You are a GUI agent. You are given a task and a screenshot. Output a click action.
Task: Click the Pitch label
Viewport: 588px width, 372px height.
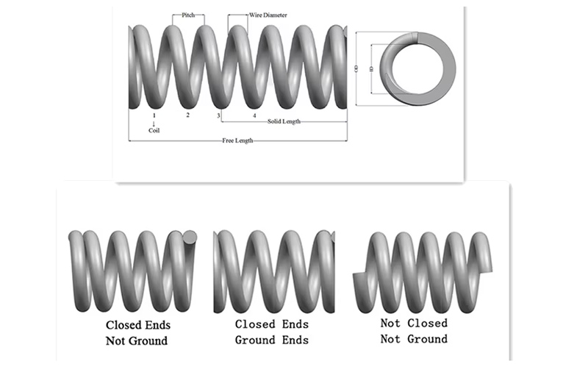189,15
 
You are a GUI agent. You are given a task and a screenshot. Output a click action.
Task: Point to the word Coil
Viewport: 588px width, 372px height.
154,130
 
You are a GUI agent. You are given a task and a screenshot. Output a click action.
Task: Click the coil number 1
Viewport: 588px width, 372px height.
154,115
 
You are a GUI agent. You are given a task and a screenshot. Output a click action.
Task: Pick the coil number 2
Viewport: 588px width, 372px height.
187,115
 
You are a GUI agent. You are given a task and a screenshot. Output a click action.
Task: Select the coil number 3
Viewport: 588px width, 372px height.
219,115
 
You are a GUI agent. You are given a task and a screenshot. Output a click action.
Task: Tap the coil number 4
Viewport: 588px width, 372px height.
254,115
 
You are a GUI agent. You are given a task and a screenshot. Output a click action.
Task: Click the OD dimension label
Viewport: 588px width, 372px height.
356,68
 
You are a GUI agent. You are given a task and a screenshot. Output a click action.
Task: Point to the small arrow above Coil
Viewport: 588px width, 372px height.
154,123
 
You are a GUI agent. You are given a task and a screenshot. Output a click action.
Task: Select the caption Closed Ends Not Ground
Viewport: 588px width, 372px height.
137,332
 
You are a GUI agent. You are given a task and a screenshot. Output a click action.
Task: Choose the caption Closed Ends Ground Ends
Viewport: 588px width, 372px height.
272,332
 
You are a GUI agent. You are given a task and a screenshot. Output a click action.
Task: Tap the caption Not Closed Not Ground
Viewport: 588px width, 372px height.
414,331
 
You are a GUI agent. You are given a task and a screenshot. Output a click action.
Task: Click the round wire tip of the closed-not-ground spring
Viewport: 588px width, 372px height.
189,237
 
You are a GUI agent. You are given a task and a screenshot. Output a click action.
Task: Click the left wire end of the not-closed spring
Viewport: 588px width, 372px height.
358,280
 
